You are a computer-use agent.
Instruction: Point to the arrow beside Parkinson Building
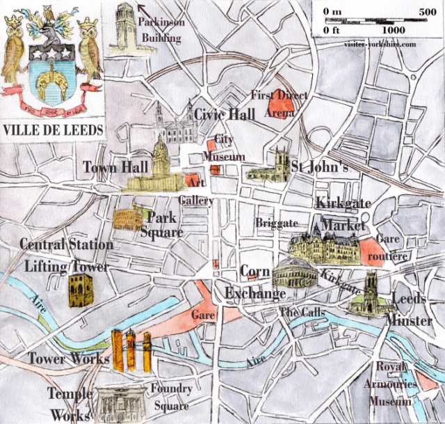coord(143,9)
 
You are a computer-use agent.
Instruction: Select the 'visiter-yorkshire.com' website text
coord(380,43)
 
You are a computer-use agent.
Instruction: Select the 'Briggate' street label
coord(277,223)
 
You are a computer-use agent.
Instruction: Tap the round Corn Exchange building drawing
coord(295,273)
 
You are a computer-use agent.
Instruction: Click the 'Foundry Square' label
coord(170,398)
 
